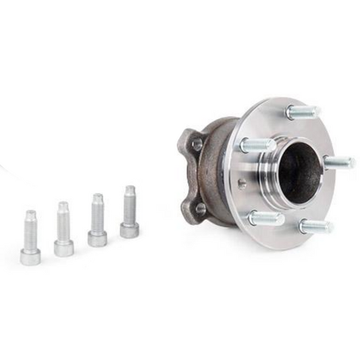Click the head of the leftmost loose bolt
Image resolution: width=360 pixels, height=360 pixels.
click(x=30, y=257)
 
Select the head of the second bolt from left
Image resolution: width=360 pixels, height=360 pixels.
click(x=63, y=248)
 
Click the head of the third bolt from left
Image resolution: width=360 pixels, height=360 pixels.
click(x=97, y=238)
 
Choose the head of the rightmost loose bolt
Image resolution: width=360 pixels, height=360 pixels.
click(x=129, y=230)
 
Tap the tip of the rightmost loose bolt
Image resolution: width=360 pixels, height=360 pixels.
click(x=129, y=189)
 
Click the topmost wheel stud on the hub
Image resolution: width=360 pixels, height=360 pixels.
click(x=303, y=112)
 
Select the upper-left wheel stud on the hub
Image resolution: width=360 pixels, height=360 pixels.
click(x=257, y=145)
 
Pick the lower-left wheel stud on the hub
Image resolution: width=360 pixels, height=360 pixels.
click(x=265, y=217)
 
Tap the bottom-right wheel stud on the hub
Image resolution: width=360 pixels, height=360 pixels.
click(x=315, y=226)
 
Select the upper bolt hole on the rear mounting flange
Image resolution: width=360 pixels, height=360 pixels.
click(x=197, y=144)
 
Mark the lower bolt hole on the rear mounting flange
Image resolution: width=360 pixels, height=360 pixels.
click(x=201, y=209)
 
